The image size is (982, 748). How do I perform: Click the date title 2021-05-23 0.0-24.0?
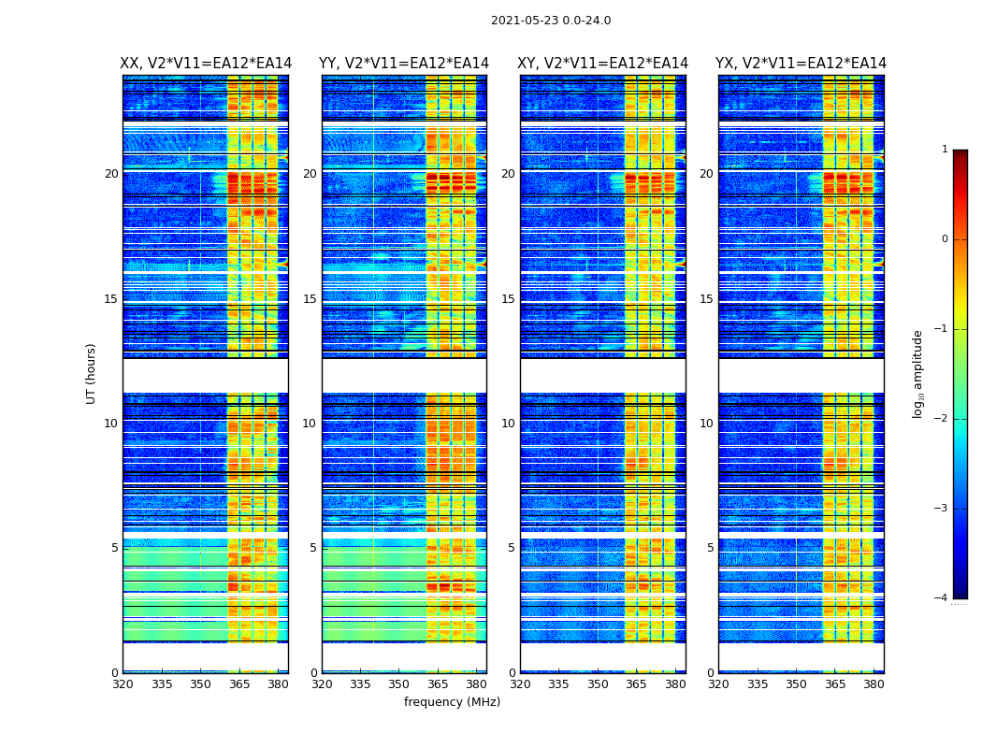[x=551, y=21]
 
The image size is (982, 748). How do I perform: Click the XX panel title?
[x=206, y=64]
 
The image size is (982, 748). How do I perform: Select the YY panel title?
[x=404, y=64]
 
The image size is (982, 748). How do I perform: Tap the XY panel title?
[x=603, y=64]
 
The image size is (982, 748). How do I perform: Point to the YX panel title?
[x=801, y=64]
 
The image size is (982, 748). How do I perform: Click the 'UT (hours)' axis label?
[x=91, y=373]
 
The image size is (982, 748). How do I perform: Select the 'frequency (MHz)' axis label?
[x=452, y=702]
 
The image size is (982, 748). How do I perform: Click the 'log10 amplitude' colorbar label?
[x=918, y=373]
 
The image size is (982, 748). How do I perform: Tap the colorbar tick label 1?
[x=945, y=150]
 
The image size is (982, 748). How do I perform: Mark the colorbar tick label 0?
[x=945, y=239]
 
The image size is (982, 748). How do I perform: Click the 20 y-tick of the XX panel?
[x=111, y=174]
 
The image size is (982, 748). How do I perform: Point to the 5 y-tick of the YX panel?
[x=711, y=548]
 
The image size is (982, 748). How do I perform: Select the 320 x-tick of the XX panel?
[x=123, y=684]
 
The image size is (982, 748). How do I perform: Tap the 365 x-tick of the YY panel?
[x=439, y=684]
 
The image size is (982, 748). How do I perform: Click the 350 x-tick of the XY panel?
[x=598, y=684]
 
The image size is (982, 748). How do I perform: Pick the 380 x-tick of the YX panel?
[x=874, y=684]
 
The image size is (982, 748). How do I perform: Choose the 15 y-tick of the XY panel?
[x=508, y=299]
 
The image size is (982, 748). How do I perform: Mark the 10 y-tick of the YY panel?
[x=310, y=424]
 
